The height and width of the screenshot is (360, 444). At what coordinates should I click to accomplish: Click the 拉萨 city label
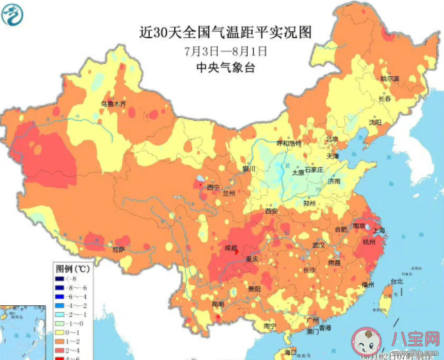119,248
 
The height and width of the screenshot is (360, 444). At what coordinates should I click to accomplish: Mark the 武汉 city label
318,245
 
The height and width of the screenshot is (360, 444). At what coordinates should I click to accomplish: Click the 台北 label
395,282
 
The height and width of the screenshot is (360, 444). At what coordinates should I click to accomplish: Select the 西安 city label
271,211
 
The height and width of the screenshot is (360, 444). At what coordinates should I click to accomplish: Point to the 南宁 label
270,325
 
